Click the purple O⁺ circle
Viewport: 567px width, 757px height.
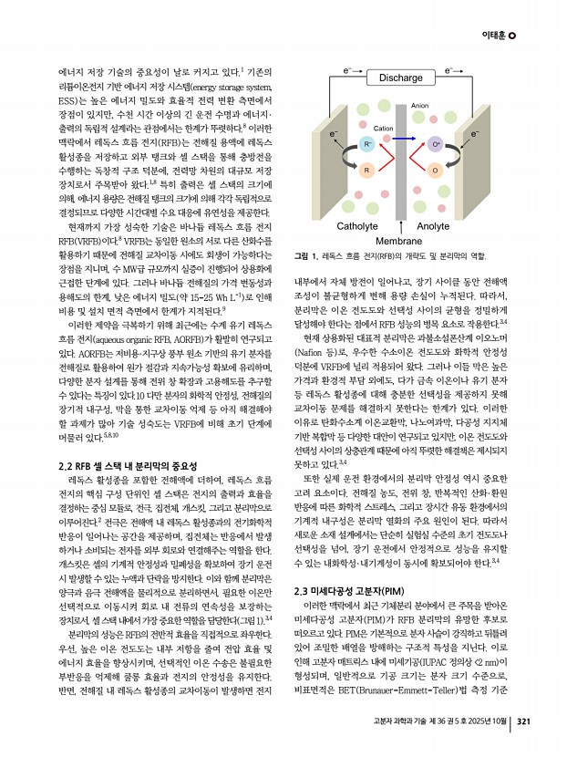pos(435,144)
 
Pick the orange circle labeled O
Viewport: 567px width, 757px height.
pos(435,171)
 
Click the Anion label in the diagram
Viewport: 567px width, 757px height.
pos(420,108)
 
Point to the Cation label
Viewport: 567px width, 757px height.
pos(383,130)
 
